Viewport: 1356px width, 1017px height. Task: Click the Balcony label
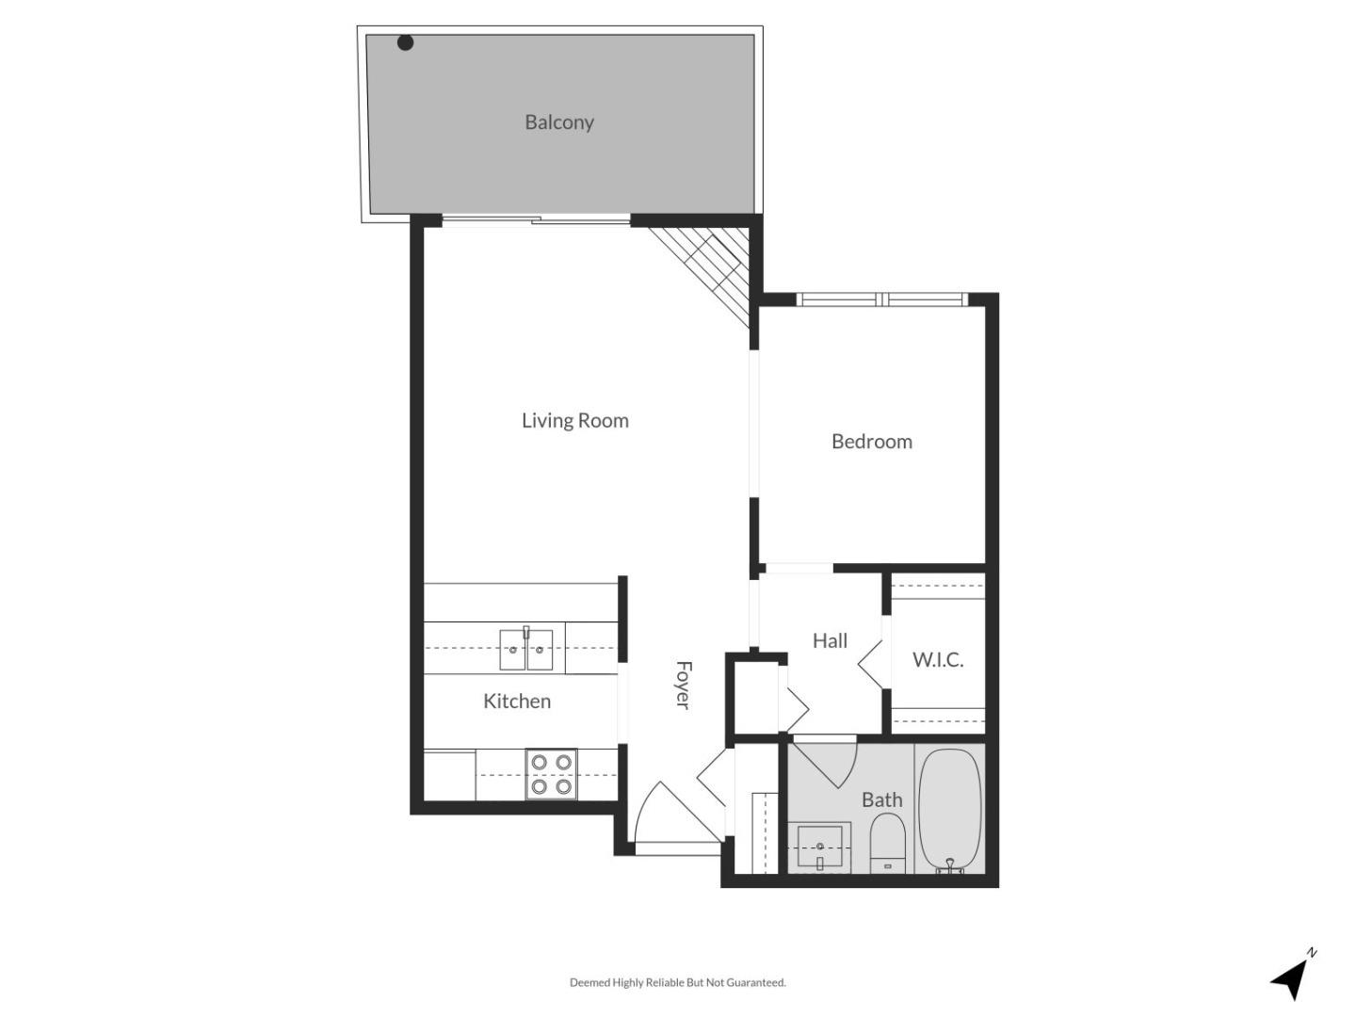(559, 122)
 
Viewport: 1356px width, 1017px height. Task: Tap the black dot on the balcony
(405, 42)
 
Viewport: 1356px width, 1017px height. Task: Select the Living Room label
(574, 421)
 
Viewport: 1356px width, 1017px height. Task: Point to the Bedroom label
(871, 442)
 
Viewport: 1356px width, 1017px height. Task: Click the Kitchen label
(517, 701)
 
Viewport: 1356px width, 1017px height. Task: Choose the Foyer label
(684, 685)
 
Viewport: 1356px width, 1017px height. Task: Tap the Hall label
(830, 640)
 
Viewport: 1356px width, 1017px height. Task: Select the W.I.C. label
(937, 660)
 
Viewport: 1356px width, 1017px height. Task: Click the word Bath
(881, 799)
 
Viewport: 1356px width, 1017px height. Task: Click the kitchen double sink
(525, 649)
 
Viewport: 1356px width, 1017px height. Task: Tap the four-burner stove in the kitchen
(551, 774)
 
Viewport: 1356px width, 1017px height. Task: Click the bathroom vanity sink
(819, 847)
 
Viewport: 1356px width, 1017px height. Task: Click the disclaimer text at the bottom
(677, 982)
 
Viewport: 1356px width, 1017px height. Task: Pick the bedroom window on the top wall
(882, 299)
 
